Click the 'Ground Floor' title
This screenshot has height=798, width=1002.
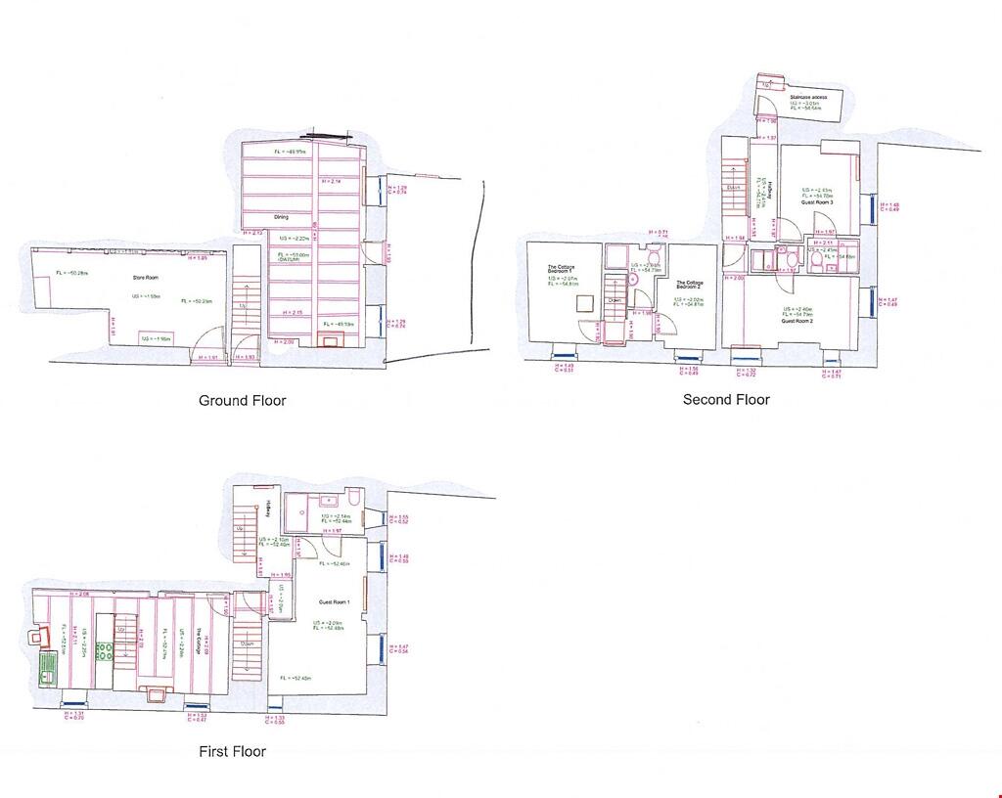click(243, 400)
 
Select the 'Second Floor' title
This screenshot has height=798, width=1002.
click(726, 399)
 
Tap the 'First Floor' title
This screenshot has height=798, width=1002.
click(233, 751)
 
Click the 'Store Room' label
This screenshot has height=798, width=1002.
click(145, 278)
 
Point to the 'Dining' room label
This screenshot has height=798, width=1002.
click(281, 217)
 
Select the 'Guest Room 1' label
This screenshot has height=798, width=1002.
click(334, 602)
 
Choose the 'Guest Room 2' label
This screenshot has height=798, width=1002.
click(797, 321)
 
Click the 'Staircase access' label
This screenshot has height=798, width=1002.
click(807, 98)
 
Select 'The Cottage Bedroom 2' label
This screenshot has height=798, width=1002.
click(690, 285)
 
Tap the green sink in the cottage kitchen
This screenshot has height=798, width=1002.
click(47, 670)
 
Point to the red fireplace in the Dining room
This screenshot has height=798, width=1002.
click(330, 341)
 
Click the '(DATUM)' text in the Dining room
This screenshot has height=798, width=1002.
click(290, 259)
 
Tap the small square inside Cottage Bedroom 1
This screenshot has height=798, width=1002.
click(582, 330)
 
